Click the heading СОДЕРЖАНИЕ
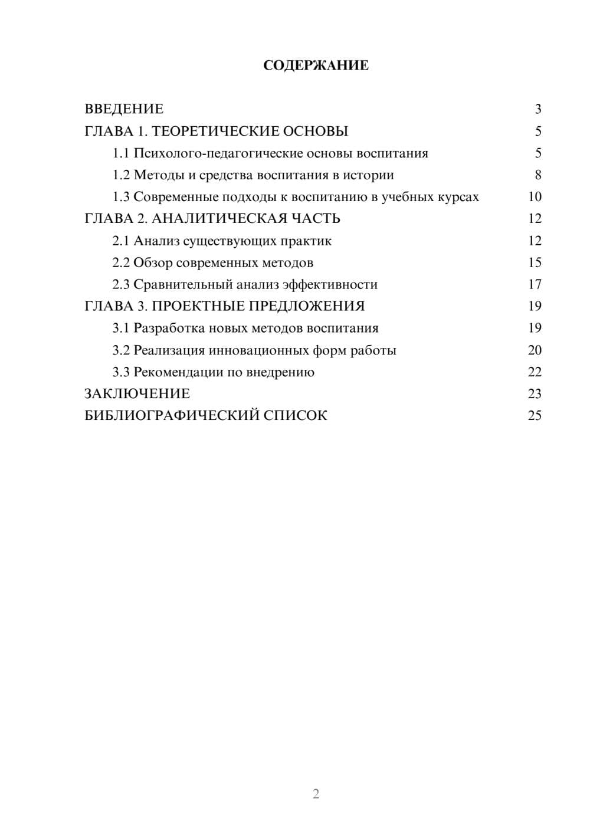[x=316, y=65]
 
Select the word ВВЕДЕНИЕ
[x=124, y=109]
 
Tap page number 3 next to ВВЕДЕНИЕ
[x=538, y=109]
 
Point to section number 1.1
[x=121, y=153]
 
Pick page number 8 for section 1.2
[x=538, y=175]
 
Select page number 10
[x=535, y=197]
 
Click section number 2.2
[x=121, y=262]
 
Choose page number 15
[x=535, y=262]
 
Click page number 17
[x=535, y=284]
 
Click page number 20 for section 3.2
[x=535, y=350]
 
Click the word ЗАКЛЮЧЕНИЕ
[x=137, y=393]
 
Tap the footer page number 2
[x=316, y=794]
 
